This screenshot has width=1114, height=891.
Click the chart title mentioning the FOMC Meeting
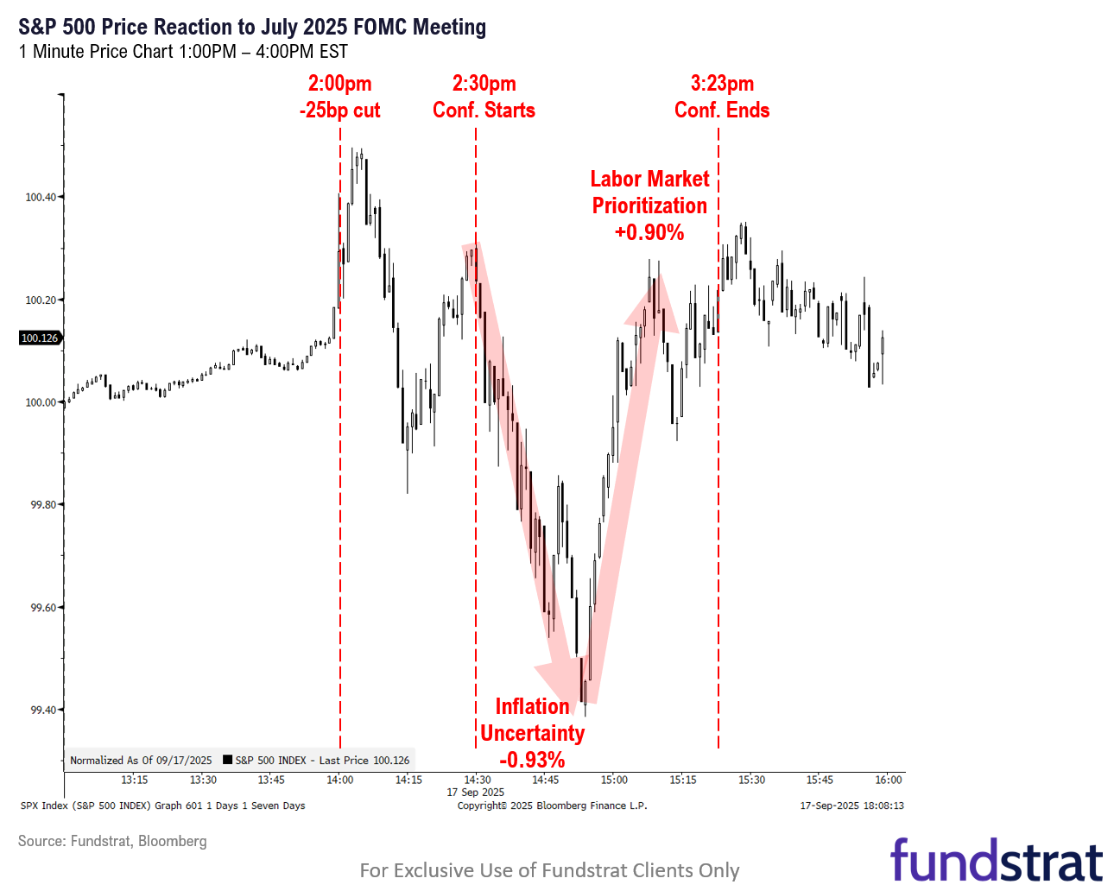[252, 27]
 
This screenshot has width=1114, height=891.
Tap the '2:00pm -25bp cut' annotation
[339, 97]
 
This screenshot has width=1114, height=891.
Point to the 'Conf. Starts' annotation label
[484, 111]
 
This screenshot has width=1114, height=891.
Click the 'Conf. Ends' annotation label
[722, 111]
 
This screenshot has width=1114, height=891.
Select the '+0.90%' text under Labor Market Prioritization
[649, 232]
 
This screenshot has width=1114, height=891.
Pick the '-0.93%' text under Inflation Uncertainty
[532, 760]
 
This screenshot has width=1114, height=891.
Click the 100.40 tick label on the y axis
[41, 198]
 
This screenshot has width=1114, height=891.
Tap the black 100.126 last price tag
[40, 338]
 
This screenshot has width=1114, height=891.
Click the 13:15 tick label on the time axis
[134, 780]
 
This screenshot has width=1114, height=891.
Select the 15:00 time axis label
[614, 780]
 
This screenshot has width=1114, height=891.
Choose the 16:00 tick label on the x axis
[889, 780]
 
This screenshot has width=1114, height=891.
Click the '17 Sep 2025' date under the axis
[476, 793]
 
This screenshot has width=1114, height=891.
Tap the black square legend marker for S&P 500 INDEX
[228, 761]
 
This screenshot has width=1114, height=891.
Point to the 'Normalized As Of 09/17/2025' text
[141, 761]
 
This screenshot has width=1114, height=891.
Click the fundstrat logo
[997, 860]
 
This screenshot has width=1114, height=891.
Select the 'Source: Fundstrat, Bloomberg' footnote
[112, 841]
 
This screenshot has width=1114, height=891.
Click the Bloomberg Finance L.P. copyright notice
[552, 806]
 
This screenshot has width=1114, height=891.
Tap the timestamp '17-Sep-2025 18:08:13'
[851, 806]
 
